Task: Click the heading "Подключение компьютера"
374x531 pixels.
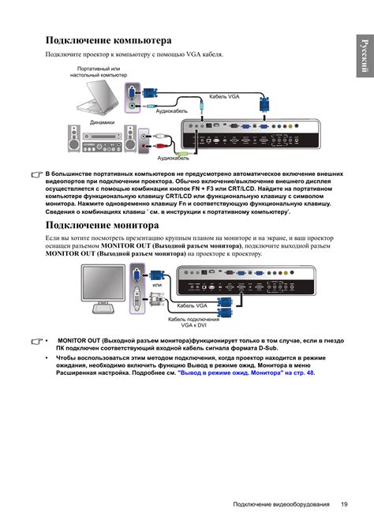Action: tap(108, 41)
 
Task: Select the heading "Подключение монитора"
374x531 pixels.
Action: tap(103, 225)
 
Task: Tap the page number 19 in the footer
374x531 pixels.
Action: tap(344, 504)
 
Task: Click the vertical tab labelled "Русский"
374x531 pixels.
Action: tap(365, 56)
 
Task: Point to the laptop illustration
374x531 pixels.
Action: tap(97, 98)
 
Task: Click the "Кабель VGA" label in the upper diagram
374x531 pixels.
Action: tap(224, 96)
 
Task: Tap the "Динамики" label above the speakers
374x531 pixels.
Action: tap(102, 122)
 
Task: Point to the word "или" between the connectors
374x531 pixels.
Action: tap(157, 285)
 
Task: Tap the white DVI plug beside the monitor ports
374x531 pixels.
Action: tap(156, 300)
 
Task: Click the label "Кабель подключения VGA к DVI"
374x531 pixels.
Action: tap(193, 322)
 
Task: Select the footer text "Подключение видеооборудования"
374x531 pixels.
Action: tap(281, 504)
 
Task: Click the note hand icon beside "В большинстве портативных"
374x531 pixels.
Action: tap(36, 174)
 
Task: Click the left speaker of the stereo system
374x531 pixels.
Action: tap(74, 139)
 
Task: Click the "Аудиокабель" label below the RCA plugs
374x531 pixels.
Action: tap(173, 158)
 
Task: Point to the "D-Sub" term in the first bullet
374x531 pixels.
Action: tap(267, 348)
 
